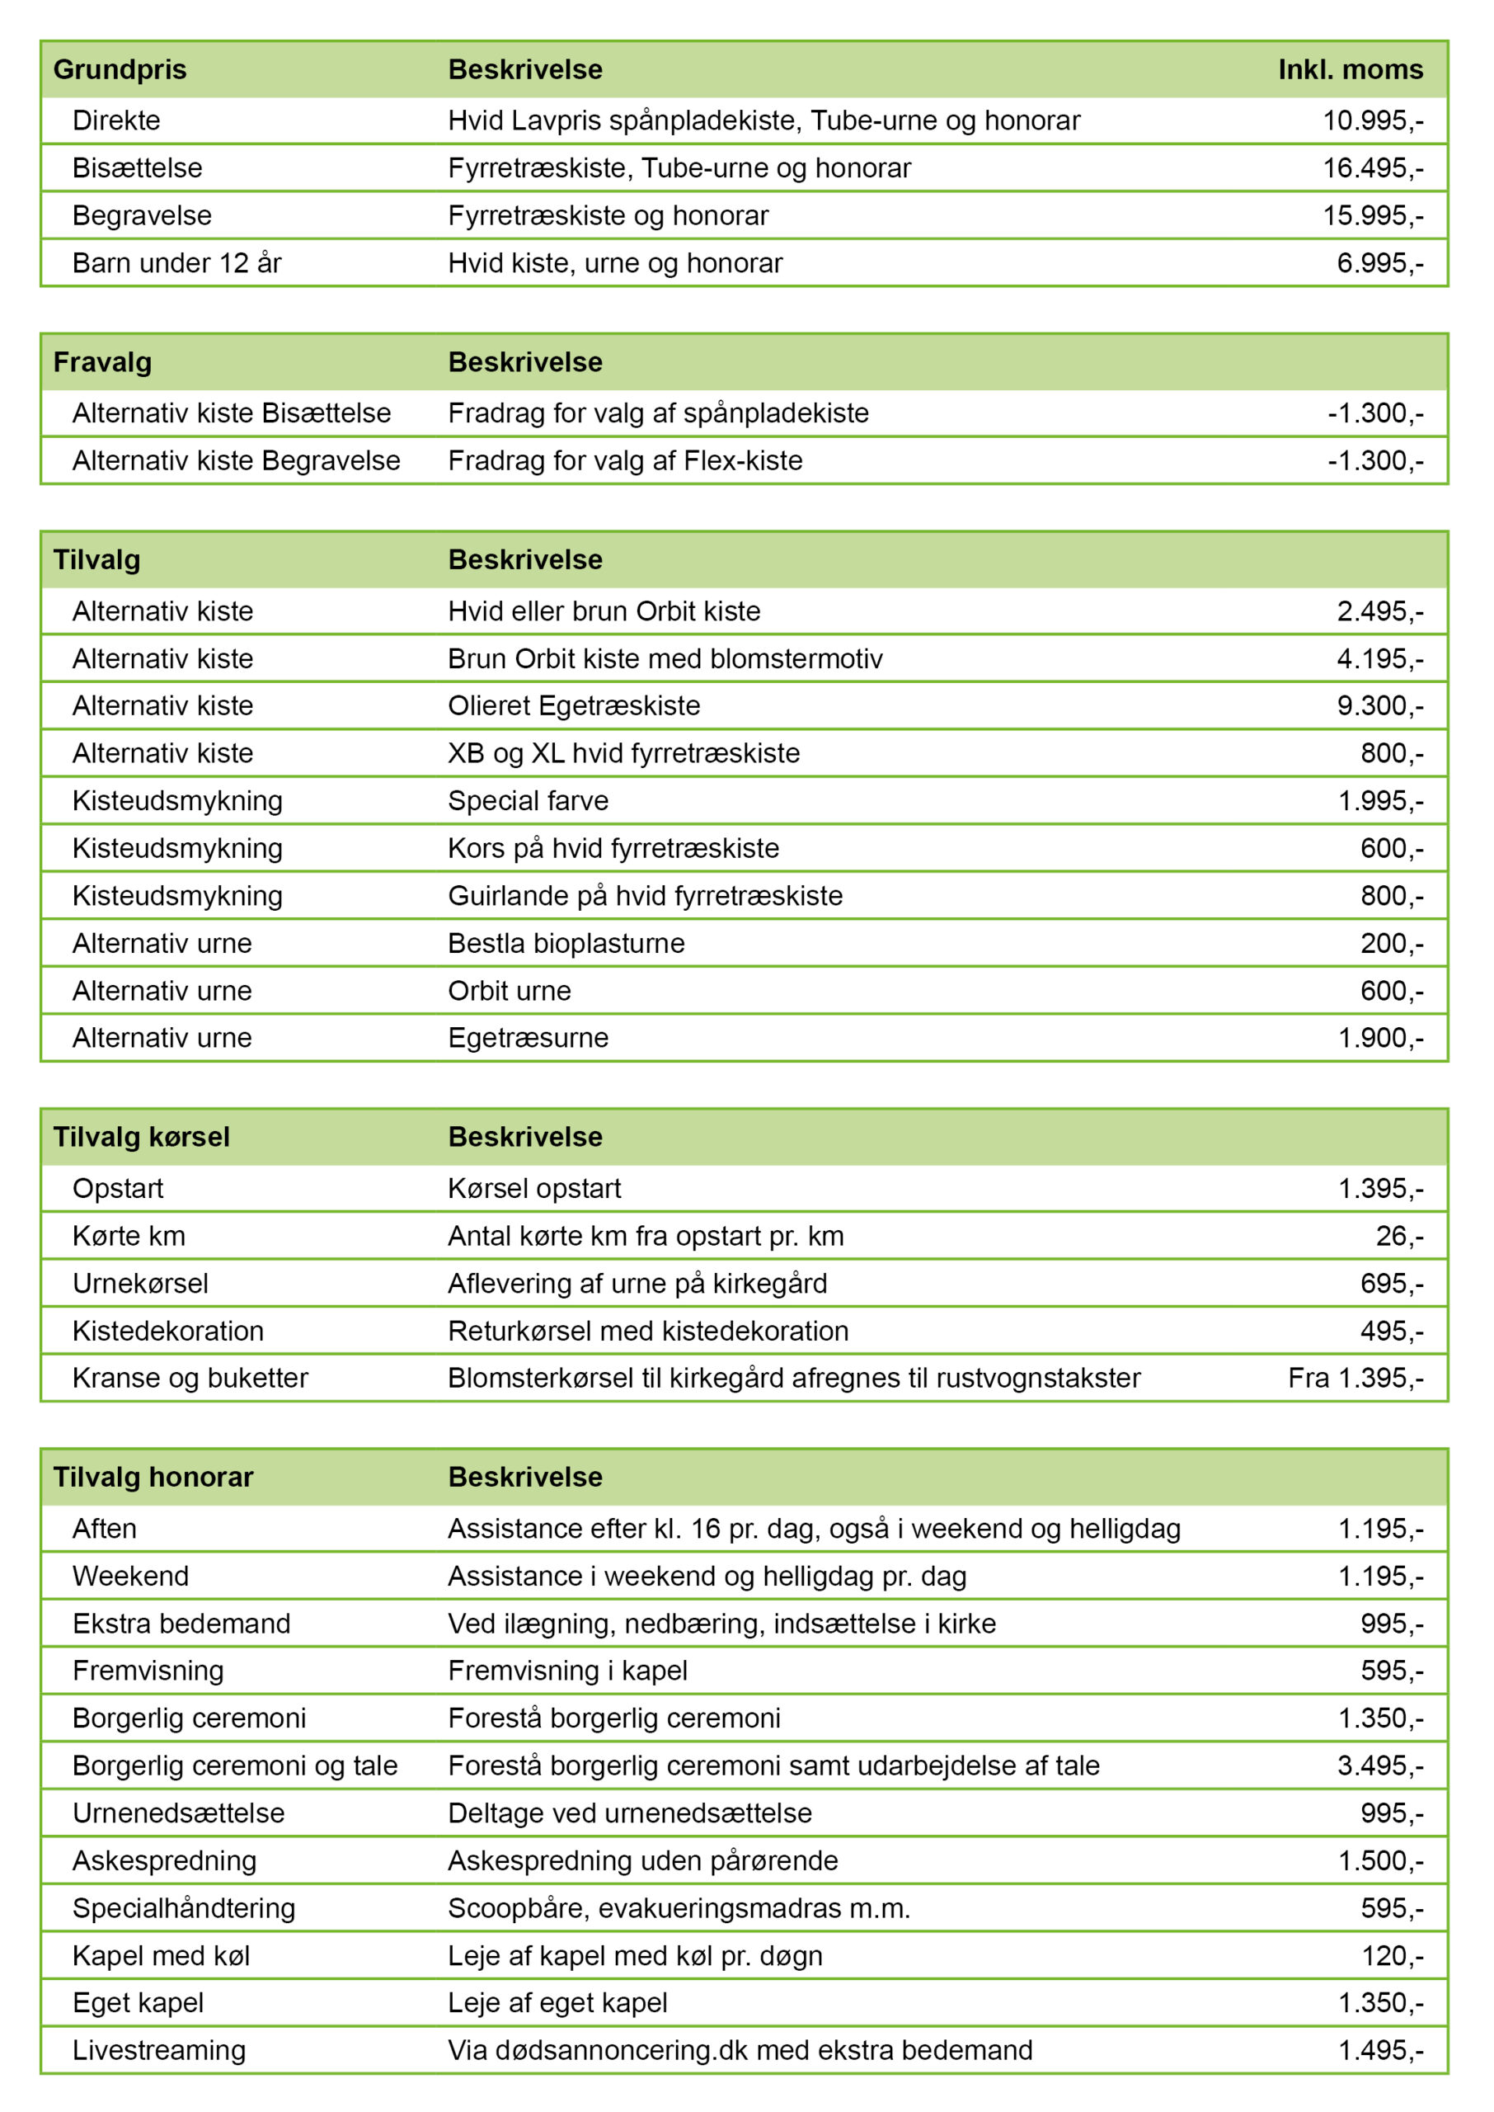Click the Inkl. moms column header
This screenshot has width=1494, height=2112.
point(1350,70)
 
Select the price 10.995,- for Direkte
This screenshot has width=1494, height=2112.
point(1372,120)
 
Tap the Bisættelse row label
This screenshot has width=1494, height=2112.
point(137,168)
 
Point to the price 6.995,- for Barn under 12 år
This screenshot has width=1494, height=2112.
point(1379,263)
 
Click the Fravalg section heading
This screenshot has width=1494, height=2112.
point(102,362)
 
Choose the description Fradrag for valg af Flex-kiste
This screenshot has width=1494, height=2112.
point(625,461)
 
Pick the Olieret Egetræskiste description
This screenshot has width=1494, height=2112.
point(573,706)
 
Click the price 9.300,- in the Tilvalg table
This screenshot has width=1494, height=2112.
point(1379,706)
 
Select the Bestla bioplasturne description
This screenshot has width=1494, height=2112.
point(566,943)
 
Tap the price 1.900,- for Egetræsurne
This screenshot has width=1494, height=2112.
point(1379,1038)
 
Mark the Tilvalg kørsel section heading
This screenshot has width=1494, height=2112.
point(141,1138)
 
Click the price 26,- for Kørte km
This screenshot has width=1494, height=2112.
point(1398,1236)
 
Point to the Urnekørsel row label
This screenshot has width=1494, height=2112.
point(140,1284)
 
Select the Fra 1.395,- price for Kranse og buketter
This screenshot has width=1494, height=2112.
point(1355,1379)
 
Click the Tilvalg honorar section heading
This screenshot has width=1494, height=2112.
point(153,1478)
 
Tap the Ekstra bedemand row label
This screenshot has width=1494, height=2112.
point(181,1624)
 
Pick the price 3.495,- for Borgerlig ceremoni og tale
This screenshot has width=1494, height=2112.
point(1379,1766)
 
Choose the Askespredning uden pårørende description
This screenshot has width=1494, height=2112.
point(642,1860)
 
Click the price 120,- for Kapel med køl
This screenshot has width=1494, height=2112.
point(1391,1955)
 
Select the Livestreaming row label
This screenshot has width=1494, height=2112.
point(159,2050)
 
